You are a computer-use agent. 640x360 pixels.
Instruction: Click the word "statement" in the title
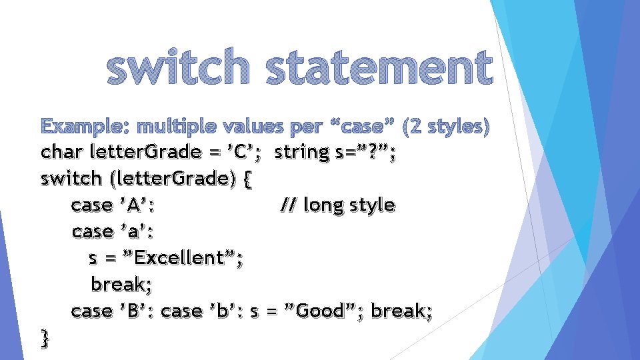(379, 69)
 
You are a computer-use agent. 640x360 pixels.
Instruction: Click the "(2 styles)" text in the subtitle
(447, 126)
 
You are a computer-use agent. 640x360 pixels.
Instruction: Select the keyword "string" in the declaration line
(302, 153)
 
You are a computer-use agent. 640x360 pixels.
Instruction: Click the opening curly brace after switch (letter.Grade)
(248, 179)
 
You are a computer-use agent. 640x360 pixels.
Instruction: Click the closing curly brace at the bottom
(45, 338)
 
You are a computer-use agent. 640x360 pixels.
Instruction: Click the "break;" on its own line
(122, 285)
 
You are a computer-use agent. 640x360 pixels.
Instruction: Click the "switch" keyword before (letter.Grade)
(68, 179)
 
